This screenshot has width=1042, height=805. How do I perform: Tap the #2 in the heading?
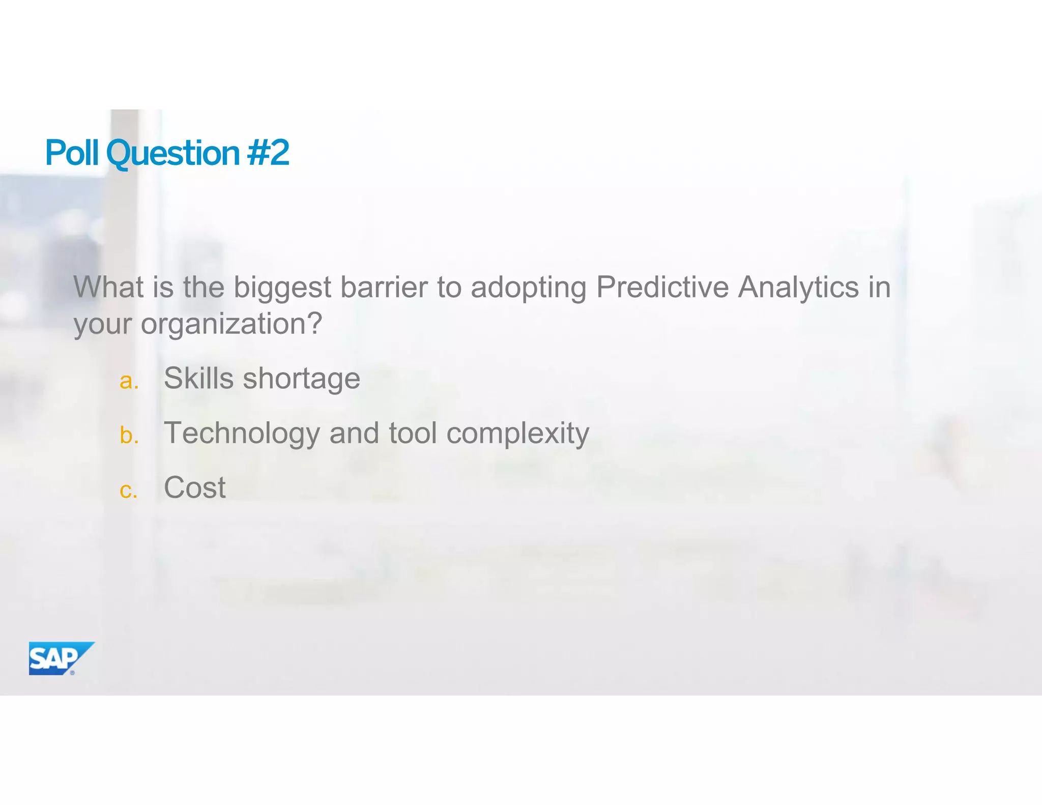[268, 153]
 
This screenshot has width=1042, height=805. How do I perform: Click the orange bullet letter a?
[129, 381]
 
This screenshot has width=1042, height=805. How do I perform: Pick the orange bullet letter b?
[129, 435]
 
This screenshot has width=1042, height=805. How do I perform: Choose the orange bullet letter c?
[128, 490]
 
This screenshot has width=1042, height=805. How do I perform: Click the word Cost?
[194, 487]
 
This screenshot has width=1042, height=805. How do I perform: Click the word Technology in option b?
[242, 434]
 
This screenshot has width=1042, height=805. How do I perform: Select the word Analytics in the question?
[798, 288]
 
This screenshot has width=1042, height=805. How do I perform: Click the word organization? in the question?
[231, 324]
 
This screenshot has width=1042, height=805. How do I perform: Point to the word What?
[109, 287]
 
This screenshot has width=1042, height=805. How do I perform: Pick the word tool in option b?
[413, 433]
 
